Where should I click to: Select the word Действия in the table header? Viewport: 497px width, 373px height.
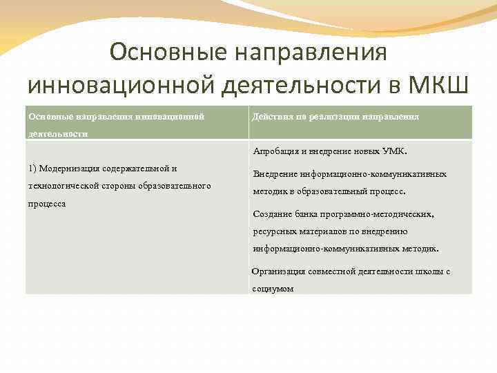click(x=272, y=117)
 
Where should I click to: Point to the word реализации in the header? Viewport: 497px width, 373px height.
click(x=327, y=117)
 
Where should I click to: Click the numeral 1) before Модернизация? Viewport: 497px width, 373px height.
click(x=32, y=168)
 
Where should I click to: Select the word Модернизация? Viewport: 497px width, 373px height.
click(x=71, y=168)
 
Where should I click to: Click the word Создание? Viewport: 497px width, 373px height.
click(x=273, y=214)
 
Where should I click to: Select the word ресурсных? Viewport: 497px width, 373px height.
click(x=274, y=231)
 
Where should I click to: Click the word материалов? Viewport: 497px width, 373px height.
click(x=323, y=231)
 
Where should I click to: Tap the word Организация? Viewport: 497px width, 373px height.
click(x=280, y=271)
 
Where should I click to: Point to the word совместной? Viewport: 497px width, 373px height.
click(x=334, y=271)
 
